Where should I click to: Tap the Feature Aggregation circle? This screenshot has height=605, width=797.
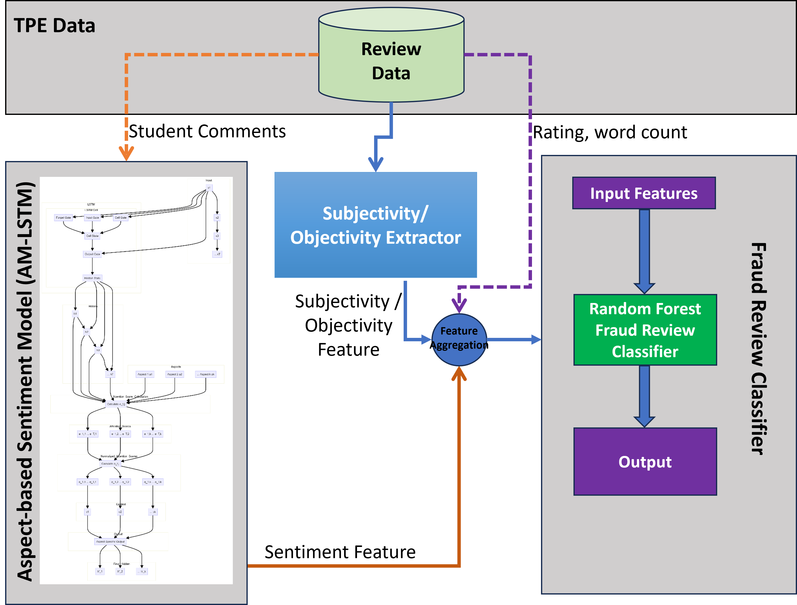(x=459, y=340)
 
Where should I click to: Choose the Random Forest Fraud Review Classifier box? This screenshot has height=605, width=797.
(x=645, y=330)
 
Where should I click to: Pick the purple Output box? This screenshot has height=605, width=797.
(x=645, y=461)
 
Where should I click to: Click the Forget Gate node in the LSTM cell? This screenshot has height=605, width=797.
(x=63, y=218)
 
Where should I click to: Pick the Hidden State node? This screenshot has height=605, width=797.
(x=92, y=278)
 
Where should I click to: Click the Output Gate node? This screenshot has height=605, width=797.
(x=92, y=254)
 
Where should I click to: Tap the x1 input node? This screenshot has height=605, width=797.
(x=209, y=188)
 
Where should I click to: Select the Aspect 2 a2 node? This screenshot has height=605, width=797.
(x=174, y=374)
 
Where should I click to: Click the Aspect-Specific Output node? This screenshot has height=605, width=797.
(x=110, y=541)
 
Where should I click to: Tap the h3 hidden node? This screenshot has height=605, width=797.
(x=98, y=350)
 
